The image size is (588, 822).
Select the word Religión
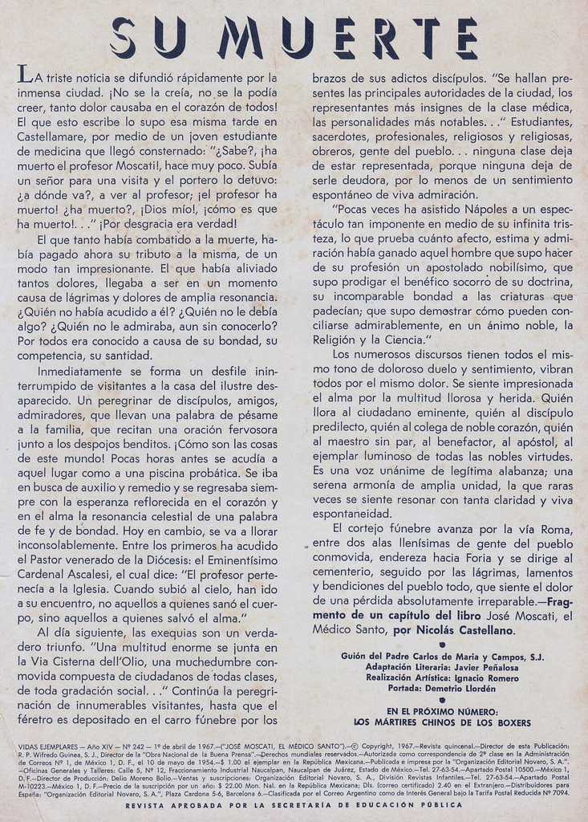coord(336,340)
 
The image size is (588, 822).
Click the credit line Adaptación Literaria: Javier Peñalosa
coord(442,667)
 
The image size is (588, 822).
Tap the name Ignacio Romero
coord(476,678)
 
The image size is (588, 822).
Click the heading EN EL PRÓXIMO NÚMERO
coord(442,710)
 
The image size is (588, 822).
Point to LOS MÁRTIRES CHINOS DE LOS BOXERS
coord(442,722)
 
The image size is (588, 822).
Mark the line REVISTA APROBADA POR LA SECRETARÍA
coord(294,804)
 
